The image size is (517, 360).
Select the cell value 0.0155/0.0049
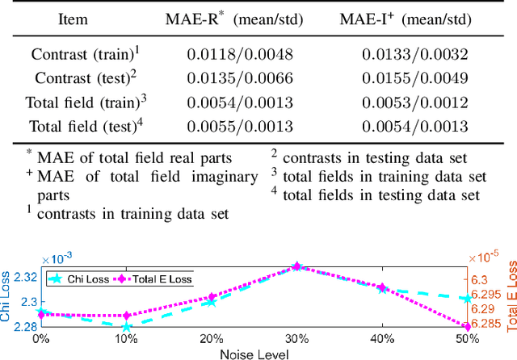(x=415, y=79)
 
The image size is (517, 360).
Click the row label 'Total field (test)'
(x=82, y=126)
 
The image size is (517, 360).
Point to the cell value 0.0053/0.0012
(x=415, y=103)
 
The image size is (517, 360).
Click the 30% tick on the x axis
(x=296, y=340)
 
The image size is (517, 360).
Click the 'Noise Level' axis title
(x=254, y=353)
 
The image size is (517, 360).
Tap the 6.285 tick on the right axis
(x=487, y=326)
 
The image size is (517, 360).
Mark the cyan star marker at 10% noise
(x=125, y=327)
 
